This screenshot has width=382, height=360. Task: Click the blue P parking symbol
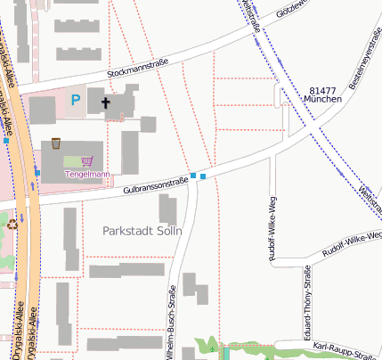pos(76,101)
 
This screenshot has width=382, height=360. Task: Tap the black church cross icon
pos(106,103)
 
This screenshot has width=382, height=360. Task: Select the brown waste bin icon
pos(56,143)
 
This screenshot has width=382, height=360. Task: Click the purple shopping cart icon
pos(86,161)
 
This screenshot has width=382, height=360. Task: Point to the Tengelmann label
pos(87,175)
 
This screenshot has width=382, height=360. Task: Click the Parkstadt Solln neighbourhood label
pos(143,232)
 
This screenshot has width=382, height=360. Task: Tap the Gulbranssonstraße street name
pos(156,185)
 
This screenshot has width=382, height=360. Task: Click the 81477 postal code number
pos(323,92)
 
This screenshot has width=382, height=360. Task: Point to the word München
pos(323,101)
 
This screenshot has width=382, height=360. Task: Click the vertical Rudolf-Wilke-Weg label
pos(271,226)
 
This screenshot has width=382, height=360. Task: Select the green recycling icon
pos(12,225)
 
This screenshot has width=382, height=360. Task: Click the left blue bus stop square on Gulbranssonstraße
pos(193,175)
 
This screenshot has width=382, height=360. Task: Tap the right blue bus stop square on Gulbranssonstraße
pos(204,176)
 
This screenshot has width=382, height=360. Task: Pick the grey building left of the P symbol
pos(42,110)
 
